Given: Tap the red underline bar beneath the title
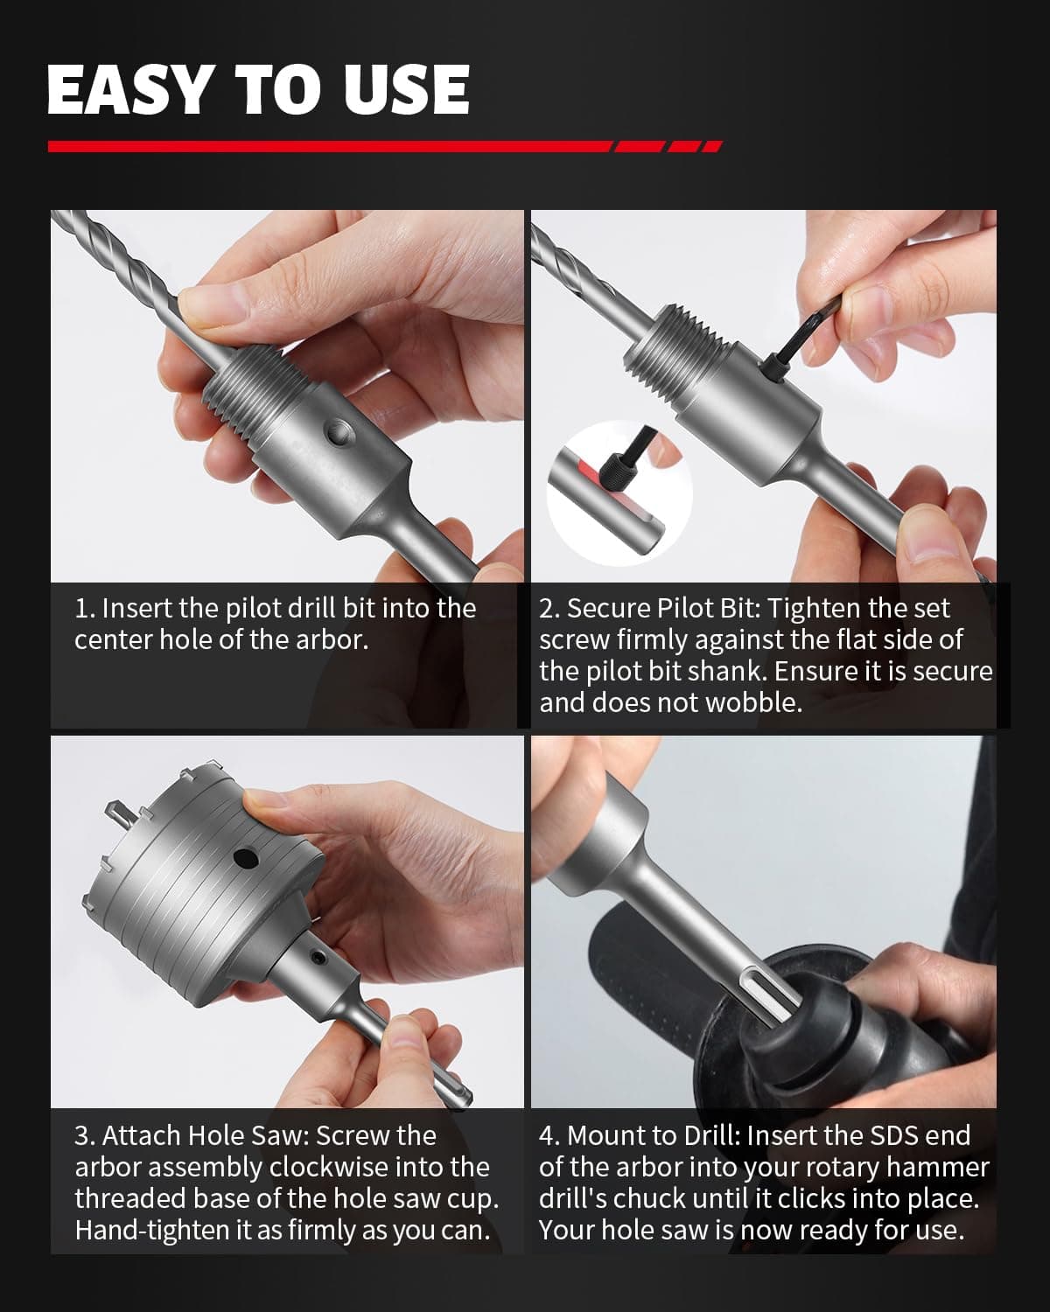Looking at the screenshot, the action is [384, 146].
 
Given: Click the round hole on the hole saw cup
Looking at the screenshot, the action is [245, 859].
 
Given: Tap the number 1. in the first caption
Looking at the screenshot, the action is [85, 609].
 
